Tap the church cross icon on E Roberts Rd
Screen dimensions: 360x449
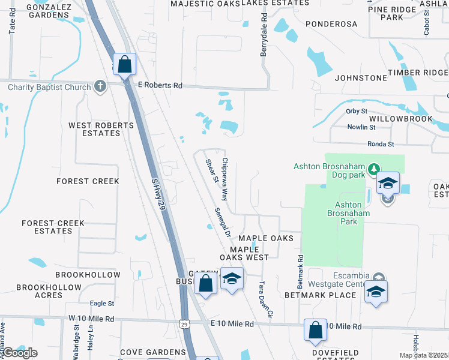[100, 87]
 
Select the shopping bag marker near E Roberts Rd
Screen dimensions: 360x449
[124, 65]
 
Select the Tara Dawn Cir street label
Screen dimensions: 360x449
[265, 298]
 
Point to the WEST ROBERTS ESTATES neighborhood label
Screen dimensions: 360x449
[101, 129]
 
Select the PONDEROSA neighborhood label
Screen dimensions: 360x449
[331, 24]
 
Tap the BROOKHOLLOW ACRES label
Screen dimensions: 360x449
[49, 291]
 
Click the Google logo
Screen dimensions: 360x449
[20, 353]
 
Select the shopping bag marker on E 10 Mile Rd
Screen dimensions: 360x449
[315, 330]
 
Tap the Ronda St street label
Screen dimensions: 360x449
[381, 144]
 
